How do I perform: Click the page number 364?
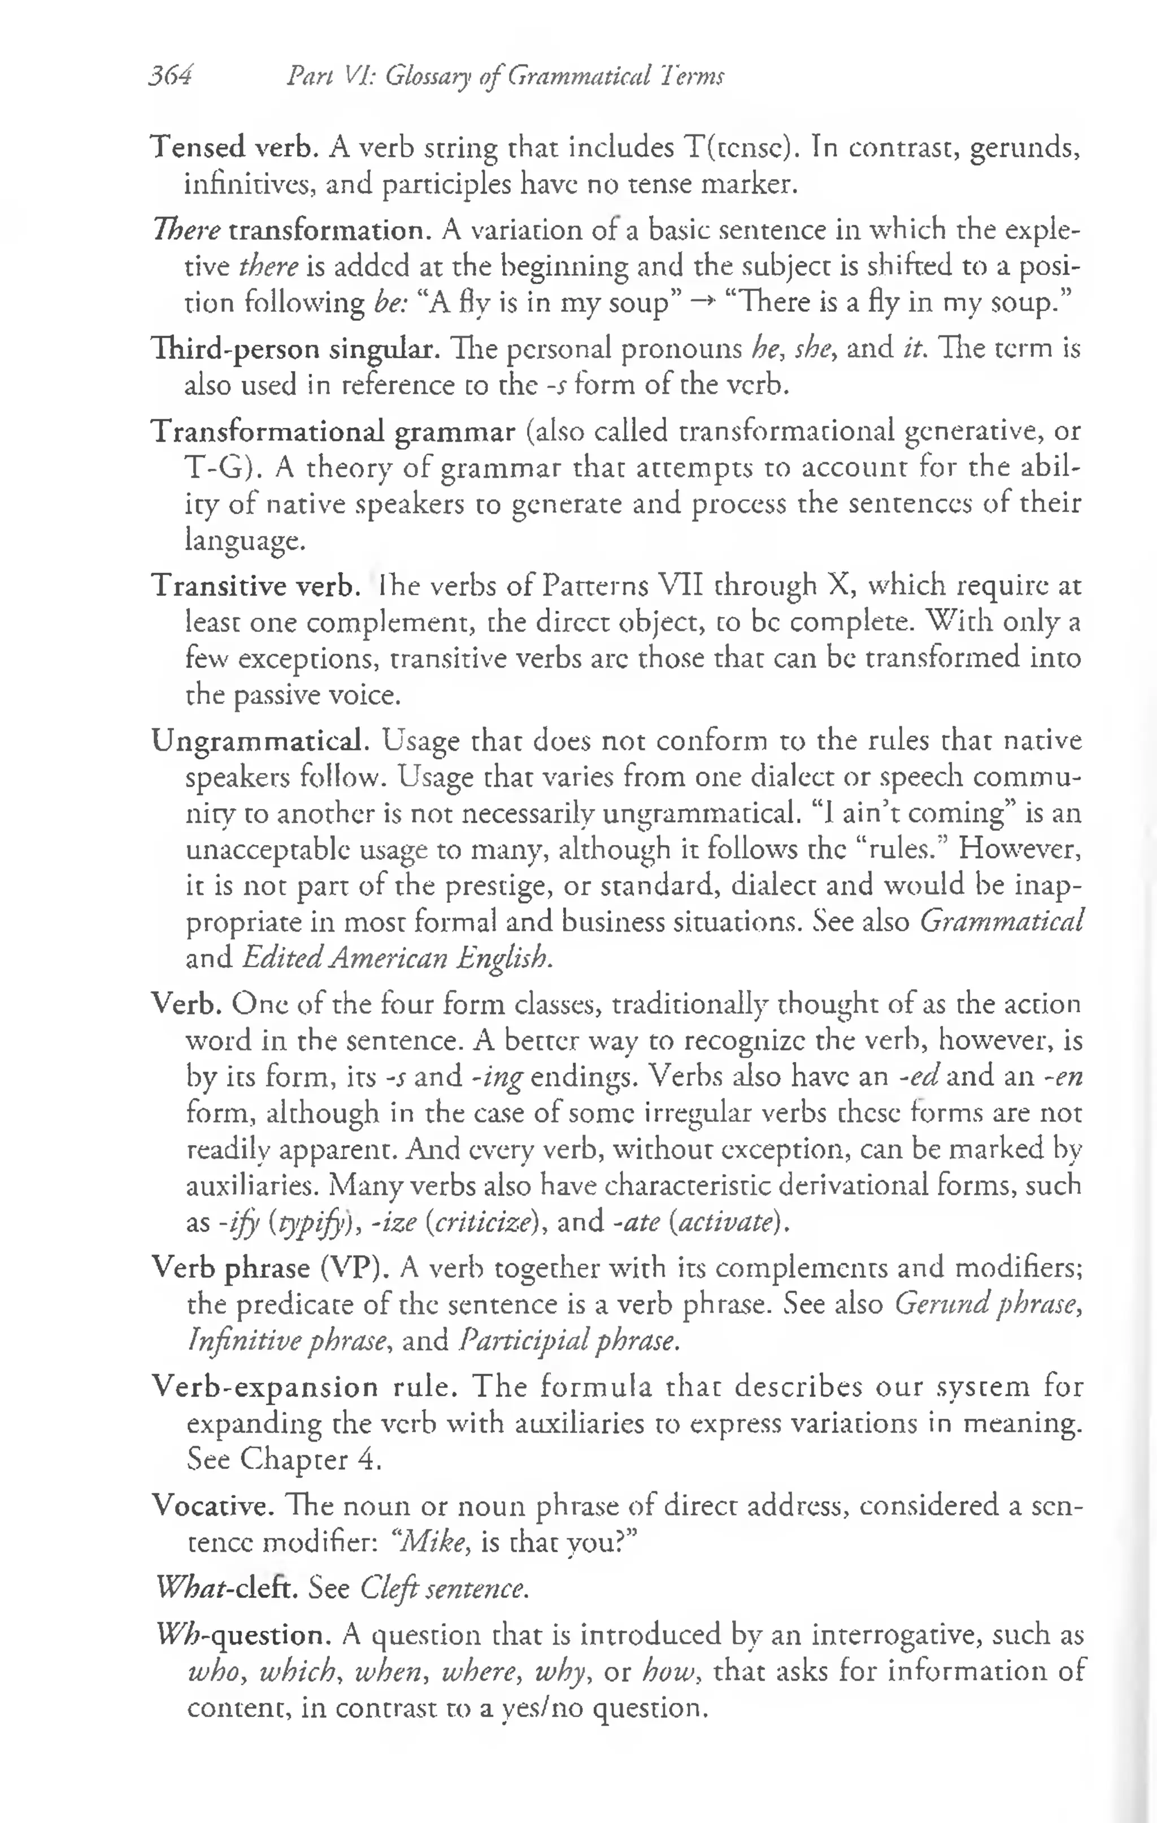171,76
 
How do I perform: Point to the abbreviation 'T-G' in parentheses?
220,468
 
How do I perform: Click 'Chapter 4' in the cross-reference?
309,1459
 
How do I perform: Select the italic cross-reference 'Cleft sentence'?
443,1587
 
